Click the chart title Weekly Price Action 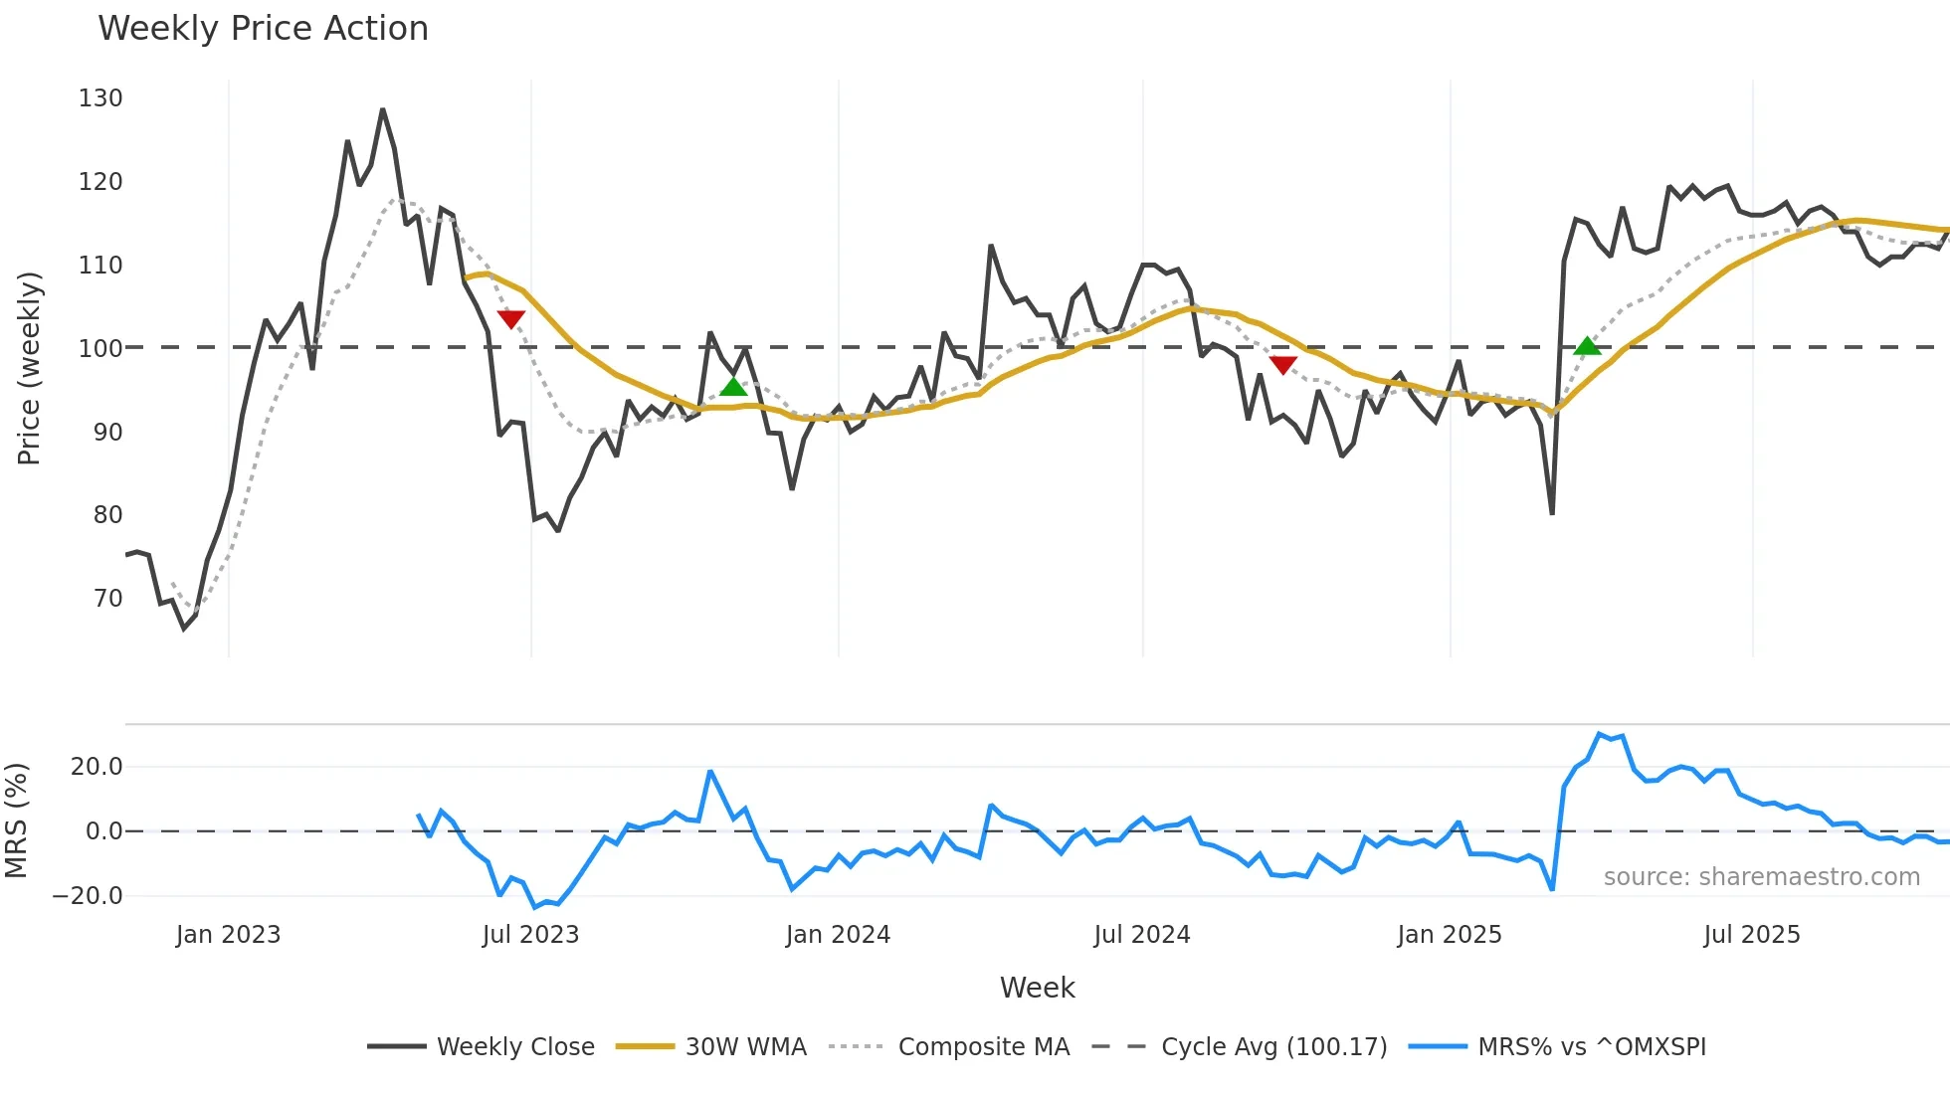click(263, 28)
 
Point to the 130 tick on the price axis click(100, 98)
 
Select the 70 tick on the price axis click(107, 599)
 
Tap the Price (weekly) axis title click(29, 368)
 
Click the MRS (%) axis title click(16, 821)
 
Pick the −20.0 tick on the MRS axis click(88, 895)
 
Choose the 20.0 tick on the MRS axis click(97, 766)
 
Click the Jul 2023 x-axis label click(530, 935)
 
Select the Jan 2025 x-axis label click(1449, 935)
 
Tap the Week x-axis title click(1037, 988)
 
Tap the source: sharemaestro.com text click(1761, 877)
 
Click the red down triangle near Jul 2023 click(510, 319)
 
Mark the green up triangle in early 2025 click(1587, 346)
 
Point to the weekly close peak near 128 click(382, 110)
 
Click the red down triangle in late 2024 click(1283, 365)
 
